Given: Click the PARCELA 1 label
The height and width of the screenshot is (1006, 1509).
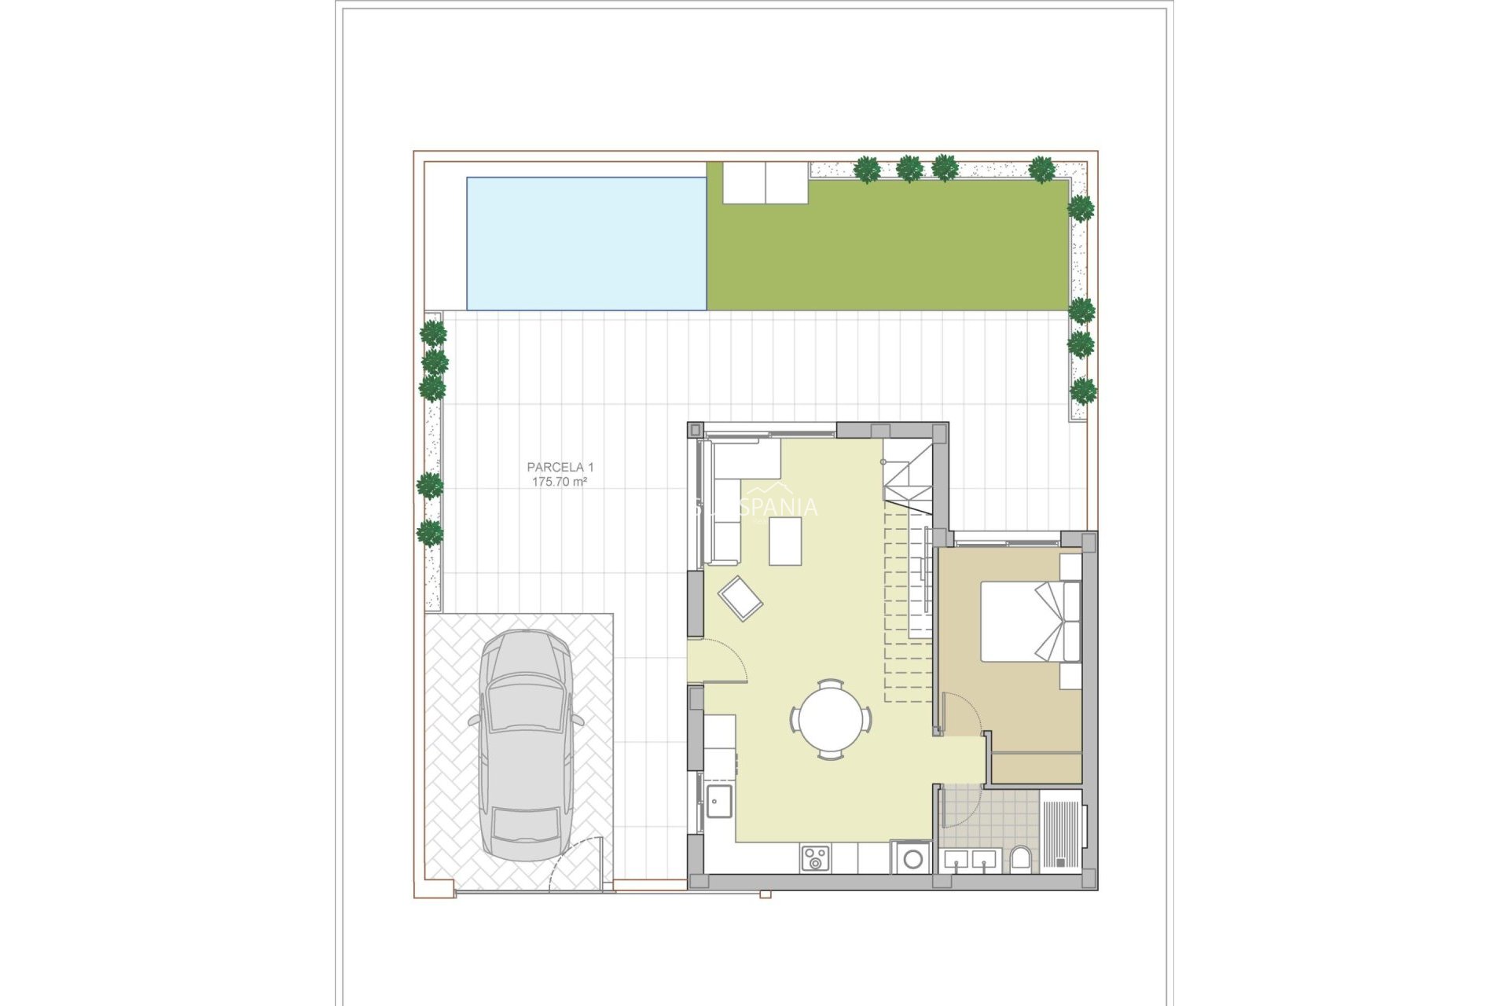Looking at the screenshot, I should (560, 467).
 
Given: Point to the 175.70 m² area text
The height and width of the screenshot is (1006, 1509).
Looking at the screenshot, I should (560, 482).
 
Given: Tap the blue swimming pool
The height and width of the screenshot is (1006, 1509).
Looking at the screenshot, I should (586, 244).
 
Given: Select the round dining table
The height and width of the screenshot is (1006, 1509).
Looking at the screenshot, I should (831, 718).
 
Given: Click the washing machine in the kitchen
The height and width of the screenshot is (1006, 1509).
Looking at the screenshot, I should (912, 858).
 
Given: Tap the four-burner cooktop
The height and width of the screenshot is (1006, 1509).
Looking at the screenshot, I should (815, 858).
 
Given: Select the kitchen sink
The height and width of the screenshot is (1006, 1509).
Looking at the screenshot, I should (718, 801).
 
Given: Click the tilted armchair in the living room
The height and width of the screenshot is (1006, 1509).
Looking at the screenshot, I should (740, 599).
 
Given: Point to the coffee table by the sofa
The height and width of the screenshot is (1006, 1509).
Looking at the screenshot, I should (785, 541).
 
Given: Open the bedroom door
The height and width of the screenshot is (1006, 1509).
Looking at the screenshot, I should (960, 714).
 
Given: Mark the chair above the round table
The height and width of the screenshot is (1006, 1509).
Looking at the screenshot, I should (831, 683).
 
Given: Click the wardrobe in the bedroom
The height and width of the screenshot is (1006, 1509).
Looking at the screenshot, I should (1036, 767).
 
